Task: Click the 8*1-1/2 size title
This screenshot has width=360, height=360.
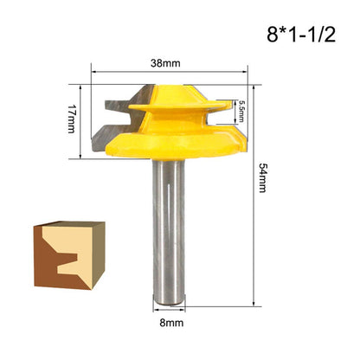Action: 301,35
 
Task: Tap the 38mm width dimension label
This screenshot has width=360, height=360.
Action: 165,63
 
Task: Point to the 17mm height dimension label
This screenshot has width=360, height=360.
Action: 72,119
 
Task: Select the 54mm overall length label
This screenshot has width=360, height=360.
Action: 262,177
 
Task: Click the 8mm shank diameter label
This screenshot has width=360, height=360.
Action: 171,323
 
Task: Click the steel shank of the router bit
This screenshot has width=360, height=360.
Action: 169,231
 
